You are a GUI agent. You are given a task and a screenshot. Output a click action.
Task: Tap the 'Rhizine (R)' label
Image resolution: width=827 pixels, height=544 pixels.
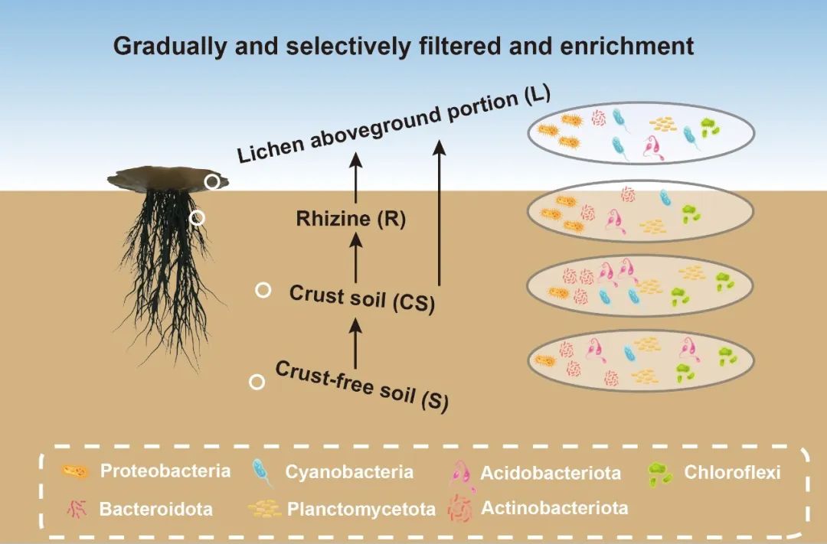click(351, 220)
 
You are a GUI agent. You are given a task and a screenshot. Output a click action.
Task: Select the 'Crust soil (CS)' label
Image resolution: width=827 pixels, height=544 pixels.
click(362, 298)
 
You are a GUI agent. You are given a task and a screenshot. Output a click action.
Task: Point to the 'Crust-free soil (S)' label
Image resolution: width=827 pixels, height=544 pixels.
click(361, 383)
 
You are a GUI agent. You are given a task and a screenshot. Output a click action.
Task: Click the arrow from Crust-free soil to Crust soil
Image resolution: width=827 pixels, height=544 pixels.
click(355, 341)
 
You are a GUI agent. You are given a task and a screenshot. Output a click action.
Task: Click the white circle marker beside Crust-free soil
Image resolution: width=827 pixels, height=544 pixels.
click(258, 382)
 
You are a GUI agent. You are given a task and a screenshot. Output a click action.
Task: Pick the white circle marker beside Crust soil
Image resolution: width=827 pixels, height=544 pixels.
click(263, 290)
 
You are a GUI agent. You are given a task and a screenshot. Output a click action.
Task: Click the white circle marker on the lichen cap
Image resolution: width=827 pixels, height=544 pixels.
click(212, 181)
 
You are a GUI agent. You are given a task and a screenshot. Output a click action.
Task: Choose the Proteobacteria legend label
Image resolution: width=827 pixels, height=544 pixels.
click(165, 471)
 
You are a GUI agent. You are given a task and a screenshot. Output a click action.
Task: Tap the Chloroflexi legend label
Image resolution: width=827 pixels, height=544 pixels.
click(732, 472)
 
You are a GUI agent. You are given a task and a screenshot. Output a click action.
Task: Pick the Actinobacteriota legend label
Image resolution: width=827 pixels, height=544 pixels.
click(554, 507)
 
